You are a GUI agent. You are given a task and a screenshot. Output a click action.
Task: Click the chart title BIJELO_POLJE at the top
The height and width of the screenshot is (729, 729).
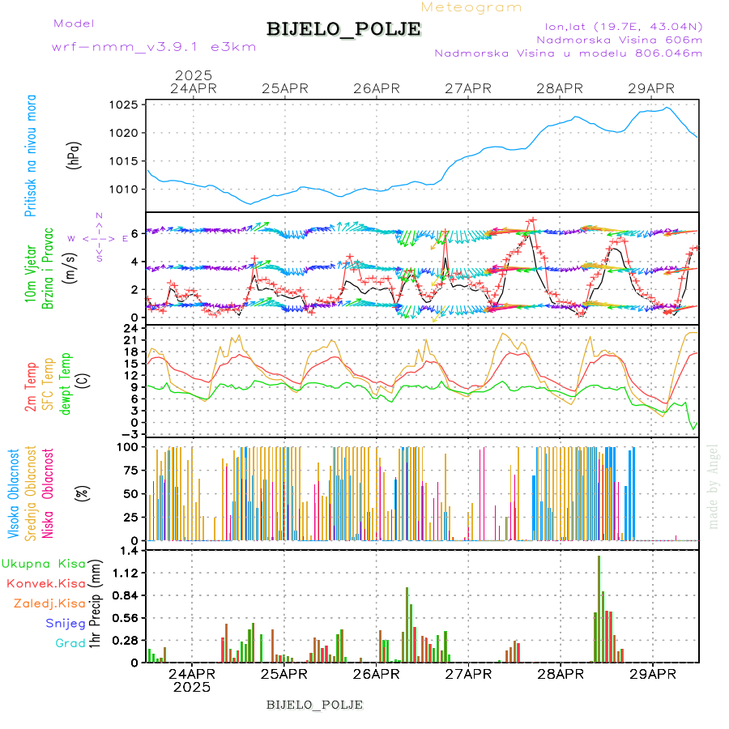[x=343, y=29]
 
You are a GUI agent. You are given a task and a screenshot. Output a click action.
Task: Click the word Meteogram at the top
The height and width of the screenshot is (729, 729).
[x=471, y=7]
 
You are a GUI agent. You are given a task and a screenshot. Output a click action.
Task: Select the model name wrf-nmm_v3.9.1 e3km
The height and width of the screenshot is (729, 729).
[x=154, y=47]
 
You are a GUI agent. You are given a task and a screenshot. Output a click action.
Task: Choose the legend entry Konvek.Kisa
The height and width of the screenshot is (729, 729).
[x=45, y=583]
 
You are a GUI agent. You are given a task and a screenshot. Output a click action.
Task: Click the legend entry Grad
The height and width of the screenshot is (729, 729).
[x=70, y=643]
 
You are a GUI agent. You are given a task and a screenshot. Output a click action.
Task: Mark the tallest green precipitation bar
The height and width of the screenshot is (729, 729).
[x=599, y=607]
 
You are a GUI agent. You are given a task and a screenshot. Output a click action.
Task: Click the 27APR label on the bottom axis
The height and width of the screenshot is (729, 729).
[x=469, y=674]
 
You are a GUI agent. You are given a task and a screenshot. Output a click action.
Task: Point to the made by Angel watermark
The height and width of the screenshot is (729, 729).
[x=714, y=486]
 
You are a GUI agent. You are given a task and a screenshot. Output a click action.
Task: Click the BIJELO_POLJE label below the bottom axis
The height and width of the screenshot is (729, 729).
[x=314, y=705]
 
